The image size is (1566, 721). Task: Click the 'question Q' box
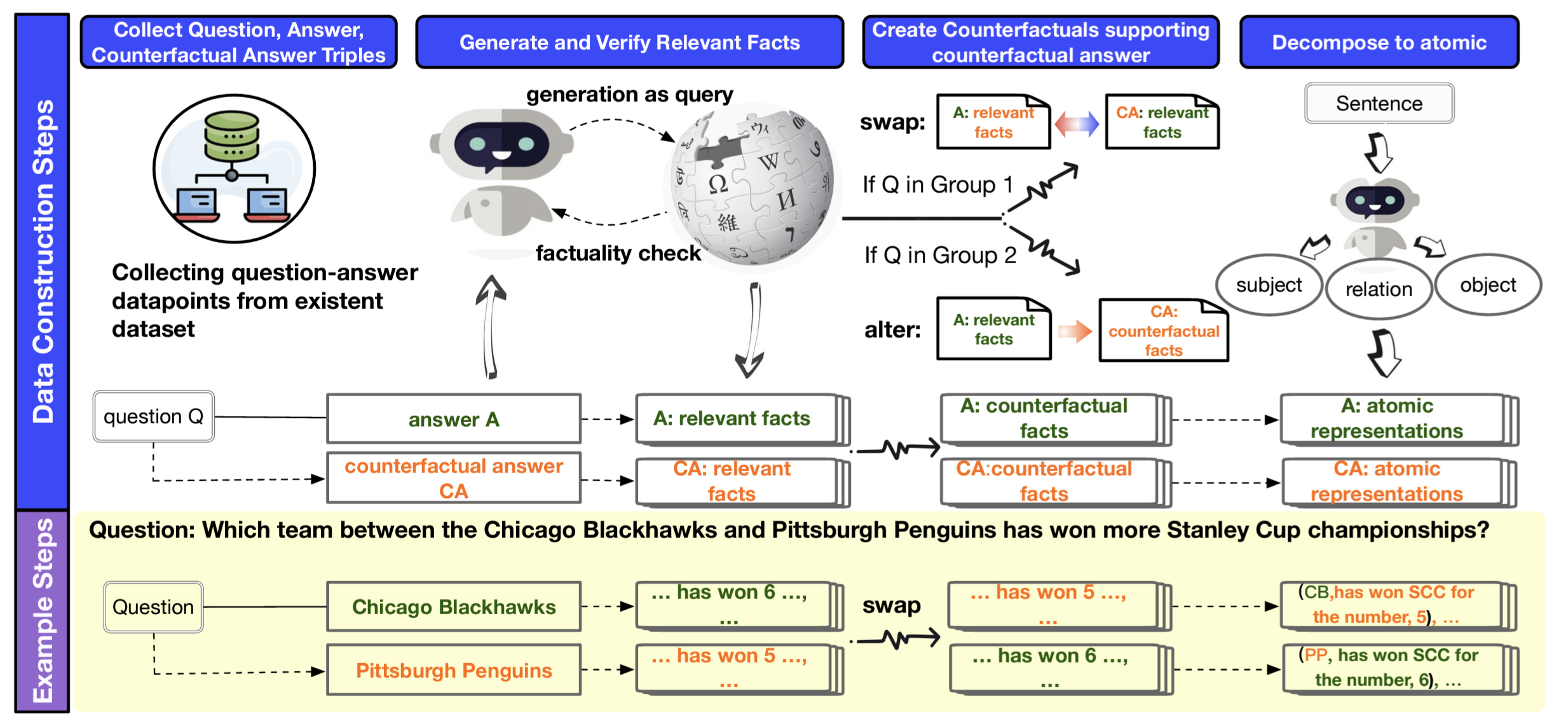[x=153, y=416]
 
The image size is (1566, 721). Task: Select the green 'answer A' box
[x=454, y=419]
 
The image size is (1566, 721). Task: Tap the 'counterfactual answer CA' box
[x=454, y=478]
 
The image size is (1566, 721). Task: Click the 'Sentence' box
[x=1379, y=103]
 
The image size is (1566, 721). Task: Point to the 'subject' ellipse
[x=1269, y=285]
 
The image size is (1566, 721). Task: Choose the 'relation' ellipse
[x=1379, y=289]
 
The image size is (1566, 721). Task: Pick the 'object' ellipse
[x=1488, y=285]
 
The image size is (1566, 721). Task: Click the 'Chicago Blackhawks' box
[x=454, y=607]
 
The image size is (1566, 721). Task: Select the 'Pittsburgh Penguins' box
[x=454, y=670]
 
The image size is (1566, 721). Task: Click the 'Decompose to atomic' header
[x=1379, y=43]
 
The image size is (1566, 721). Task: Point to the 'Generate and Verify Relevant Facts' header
[x=629, y=43]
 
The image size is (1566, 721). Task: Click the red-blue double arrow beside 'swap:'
[x=1077, y=123]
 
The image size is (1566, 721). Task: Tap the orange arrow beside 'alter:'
[x=1075, y=331]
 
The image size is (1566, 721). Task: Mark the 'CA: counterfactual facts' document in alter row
[x=1163, y=331]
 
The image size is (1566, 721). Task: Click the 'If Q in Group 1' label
[x=937, y=185]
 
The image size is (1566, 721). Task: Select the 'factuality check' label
[x=618, y=253]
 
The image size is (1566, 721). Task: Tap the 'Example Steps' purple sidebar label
[x=42, y=610]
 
